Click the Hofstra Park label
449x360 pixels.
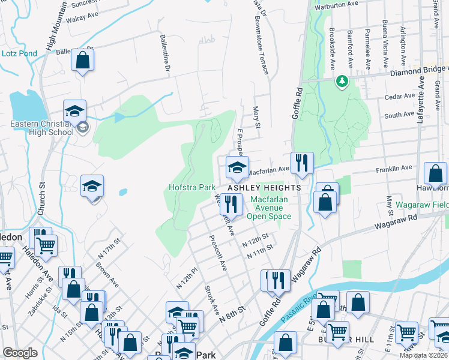[191, 188]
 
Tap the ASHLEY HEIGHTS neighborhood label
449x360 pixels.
[264, 188]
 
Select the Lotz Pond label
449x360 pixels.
[19, 53]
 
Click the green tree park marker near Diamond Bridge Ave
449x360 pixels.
[342, 80]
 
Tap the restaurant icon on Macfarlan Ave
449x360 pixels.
[301, 162]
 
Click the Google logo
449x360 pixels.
[20, 353]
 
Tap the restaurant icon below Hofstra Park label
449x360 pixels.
[231, 204]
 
